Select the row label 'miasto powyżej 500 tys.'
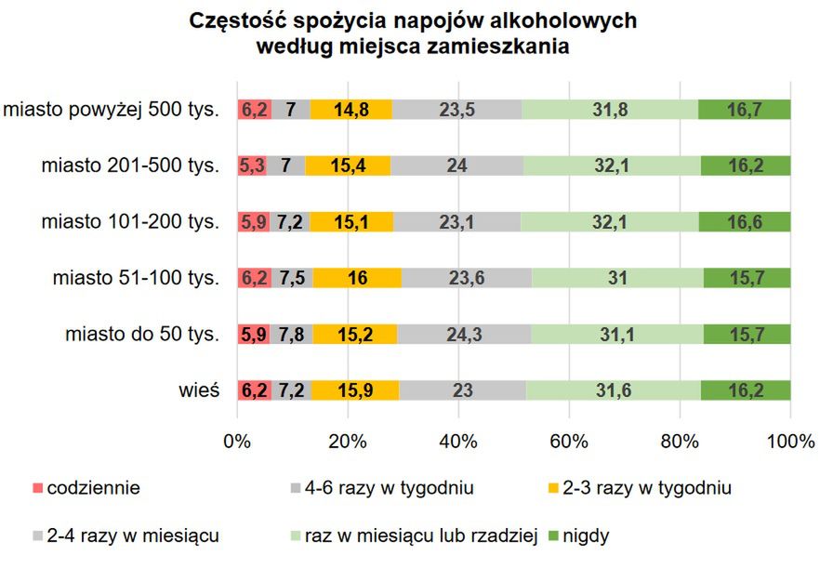(x=112, y=110)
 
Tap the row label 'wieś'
(x=200, y=390)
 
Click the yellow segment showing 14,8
(x=351, y=110)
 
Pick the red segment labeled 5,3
(x=252, y=166)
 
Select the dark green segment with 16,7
(x=745, y=110)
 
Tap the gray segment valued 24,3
(x=464, y=335)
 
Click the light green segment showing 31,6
(x=613, y=390)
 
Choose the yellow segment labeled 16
(x=356, y=278)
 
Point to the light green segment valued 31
(x=617, y=278)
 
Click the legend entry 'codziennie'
(x=93, y=486)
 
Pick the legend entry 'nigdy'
(x=587, y=536)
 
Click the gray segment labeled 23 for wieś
(x=462, y=390)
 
